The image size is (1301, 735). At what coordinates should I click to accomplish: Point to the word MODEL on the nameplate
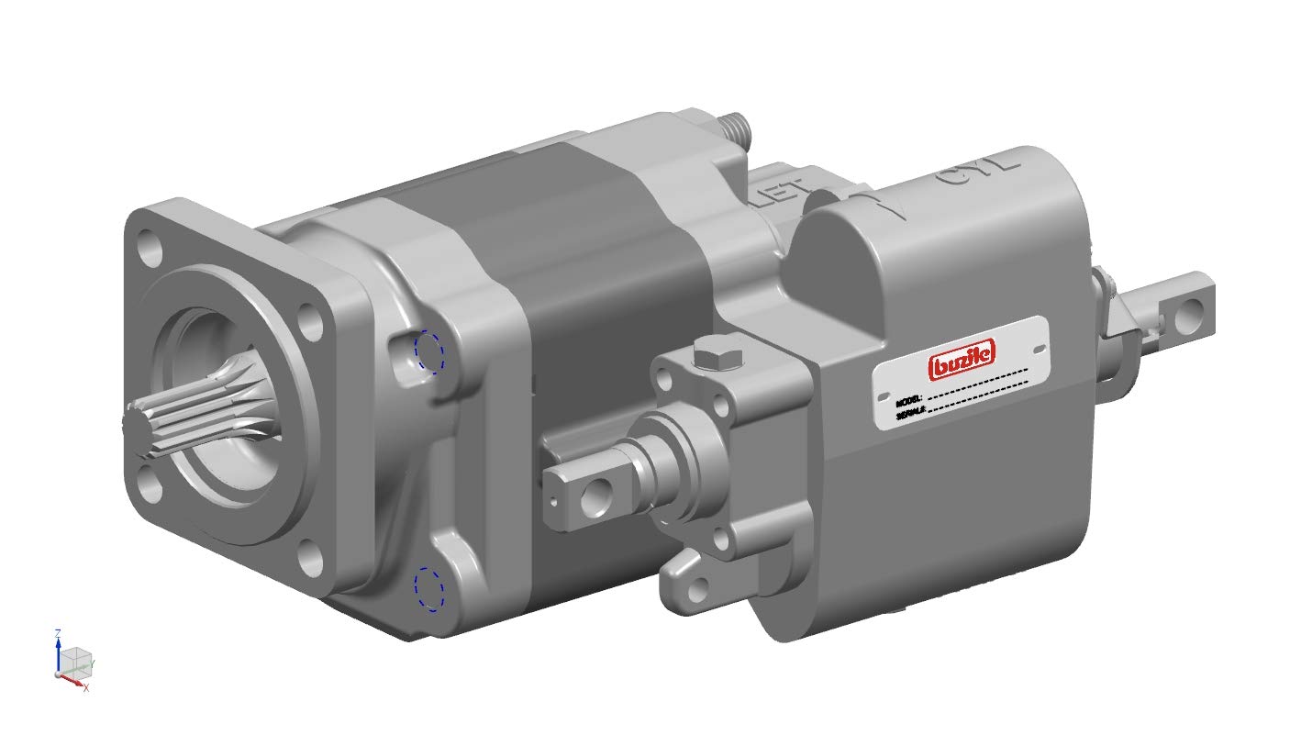909,401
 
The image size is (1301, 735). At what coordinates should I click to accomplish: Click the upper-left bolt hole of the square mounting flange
147,247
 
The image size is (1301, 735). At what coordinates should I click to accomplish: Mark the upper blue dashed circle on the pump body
428,351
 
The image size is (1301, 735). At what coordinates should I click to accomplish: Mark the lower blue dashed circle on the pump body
428,588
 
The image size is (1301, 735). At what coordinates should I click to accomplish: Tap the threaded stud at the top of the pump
739,126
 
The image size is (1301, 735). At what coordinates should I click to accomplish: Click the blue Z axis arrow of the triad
58,638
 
